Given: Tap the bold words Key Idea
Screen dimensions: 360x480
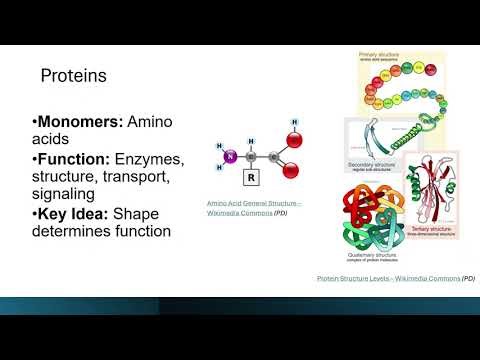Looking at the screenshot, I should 71,213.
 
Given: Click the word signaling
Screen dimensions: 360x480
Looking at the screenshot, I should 69,194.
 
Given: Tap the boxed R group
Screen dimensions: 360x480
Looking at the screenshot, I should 251,180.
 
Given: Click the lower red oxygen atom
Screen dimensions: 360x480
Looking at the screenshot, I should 291,170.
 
